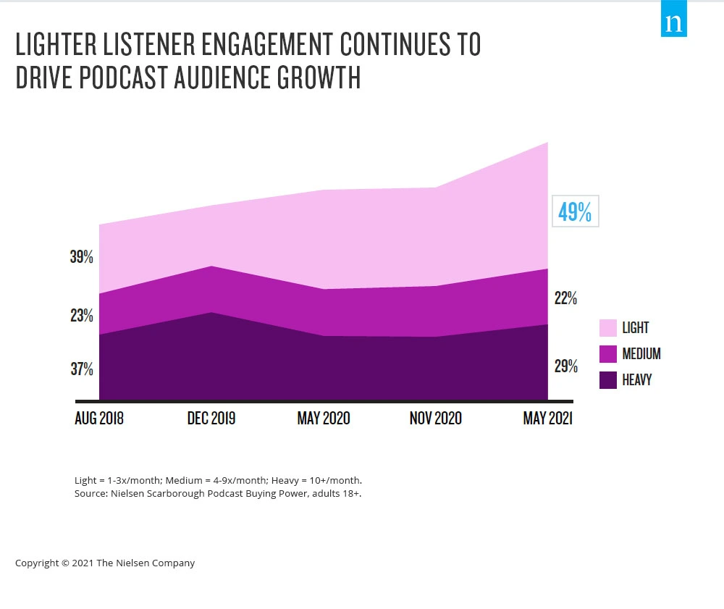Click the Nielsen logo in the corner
(674, 23)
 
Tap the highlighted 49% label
(575, 212)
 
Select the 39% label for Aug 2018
(82, 257)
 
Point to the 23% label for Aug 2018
(82, 316)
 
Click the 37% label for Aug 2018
(82, 369)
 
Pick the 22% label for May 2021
(565, 298)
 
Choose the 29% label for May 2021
(565, 366)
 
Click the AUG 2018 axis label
(99, 419)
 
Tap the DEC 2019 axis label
(211, 419)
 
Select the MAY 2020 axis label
(324, 419)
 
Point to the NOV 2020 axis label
(435, 419)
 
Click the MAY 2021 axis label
(548, 419)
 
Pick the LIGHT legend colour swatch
(608, 328)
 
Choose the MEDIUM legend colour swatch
(608, 354)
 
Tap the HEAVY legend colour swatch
(608, 380)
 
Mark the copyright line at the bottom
(105, 563)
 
